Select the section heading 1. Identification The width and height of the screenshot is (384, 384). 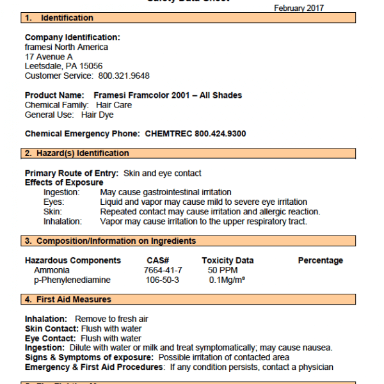[x=60, y=18]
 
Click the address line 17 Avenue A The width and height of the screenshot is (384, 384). [x=49, y=56]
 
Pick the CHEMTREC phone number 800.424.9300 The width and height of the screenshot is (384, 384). [x=211, y=134]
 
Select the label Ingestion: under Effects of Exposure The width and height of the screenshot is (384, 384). [x=61, y=192]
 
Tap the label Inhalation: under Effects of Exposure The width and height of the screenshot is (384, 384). [x=63, y=221]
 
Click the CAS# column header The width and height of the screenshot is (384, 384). [x=157, y=260]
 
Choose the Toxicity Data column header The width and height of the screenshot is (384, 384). [x=227, y=260]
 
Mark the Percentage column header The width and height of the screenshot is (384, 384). [x=320, y=260]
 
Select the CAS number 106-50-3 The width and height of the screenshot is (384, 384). [x=163, y=280]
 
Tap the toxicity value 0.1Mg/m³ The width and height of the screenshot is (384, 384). [x=227, y=280]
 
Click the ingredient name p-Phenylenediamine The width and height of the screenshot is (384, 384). [x=72, y=280]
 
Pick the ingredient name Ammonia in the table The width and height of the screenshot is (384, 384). [x=48, y=270]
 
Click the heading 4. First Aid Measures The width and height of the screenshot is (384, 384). [x=68, y=300]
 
